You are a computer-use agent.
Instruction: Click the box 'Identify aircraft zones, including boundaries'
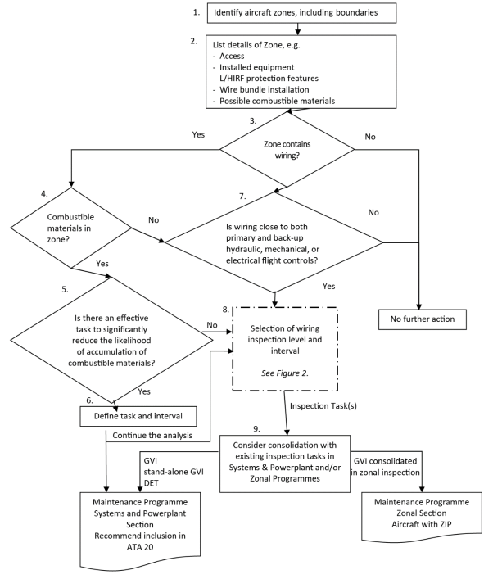pyautogui.click(x=301, y=13)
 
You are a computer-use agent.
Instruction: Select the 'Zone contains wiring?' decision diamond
pyautogui.click(x=287, y=149)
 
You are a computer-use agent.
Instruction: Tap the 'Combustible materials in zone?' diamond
pyautogui.click(x=71, y=228)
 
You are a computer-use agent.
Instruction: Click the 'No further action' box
pyautogui.click(x=423, y=319)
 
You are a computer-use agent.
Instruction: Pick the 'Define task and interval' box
pyautogui.click(x=138, y=416)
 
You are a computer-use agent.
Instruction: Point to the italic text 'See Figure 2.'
pyautogui.click(x=285, y=373)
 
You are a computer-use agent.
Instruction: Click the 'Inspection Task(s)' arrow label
pyautogui.click(x=323, y=406)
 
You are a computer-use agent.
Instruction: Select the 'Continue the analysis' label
pyautogui.click(x=152, y=436)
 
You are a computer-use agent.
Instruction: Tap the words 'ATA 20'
pyautogui.click(x=140, y=547)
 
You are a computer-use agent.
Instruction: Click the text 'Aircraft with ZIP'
pyautogui.click(x=422, y=524)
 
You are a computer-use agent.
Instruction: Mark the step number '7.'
pyautogui.click(x=242, y=197)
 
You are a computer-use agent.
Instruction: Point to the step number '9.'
pyautogui.click(x=256, y=428)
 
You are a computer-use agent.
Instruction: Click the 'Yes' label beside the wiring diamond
pyautogui.click(x=198, y=135)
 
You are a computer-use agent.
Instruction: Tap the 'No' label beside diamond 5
pyautogui.click(x=212, y=325)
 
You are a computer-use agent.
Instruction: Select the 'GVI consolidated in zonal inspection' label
pyautogui.click(x=385, y=467)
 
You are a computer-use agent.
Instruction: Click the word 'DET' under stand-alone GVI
pyautogui.click(x=151, y=483)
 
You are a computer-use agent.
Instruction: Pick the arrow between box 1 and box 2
pyautogui.click(x=297, y=29)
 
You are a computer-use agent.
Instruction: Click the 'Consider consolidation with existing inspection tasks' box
pyautogui.click(x=285, y=464)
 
